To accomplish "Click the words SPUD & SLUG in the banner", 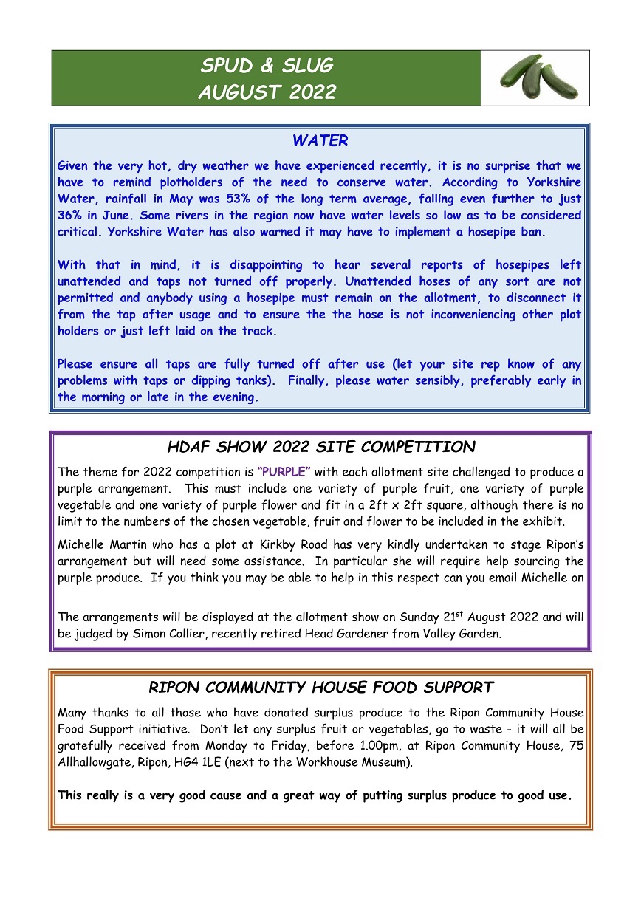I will [x=267, y=66].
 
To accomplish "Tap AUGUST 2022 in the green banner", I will [x=267, y=92].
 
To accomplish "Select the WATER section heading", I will [x=320, y=140].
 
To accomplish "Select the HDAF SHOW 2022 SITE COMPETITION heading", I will [x=320, y=447].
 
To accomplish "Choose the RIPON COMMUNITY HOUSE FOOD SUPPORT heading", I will [x=320, y=687].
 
